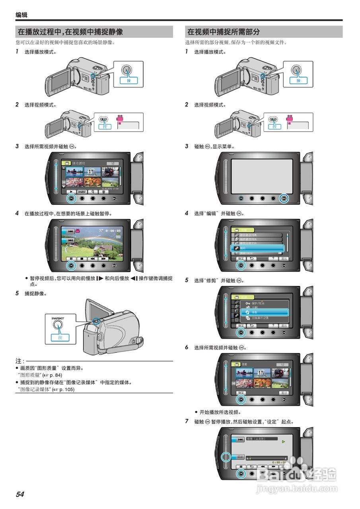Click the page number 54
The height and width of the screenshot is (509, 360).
coord(20,494)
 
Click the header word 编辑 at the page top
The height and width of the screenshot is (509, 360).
coord(21,15)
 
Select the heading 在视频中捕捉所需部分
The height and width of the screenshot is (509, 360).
coord(223,32)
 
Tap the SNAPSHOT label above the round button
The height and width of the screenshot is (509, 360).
coord(57,318)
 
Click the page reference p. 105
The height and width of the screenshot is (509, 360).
coord(67,389)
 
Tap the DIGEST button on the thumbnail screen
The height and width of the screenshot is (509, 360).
coord(82,191)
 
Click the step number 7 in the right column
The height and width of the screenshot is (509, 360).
coord(187,421)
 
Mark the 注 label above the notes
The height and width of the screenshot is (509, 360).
coord(18,361)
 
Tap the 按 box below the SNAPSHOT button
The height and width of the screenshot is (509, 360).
coord(60,337)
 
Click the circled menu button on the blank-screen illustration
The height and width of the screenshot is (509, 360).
coord(284,198)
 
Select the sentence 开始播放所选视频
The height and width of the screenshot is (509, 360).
coord(220,412)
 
